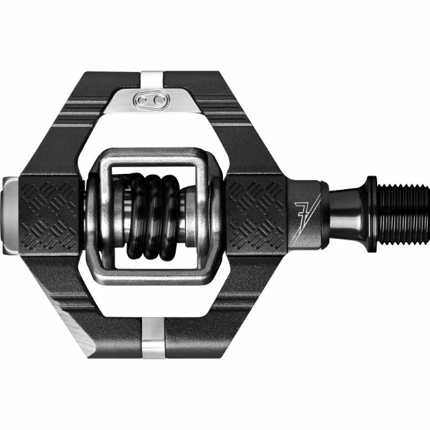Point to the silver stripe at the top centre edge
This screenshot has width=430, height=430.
[152, 79]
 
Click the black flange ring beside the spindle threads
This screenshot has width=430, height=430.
[372, 212]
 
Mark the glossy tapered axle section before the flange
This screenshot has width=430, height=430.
[344, 213]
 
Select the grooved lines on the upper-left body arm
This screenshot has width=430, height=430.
[92, 114]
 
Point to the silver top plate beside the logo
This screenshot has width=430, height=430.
[172, 99]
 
